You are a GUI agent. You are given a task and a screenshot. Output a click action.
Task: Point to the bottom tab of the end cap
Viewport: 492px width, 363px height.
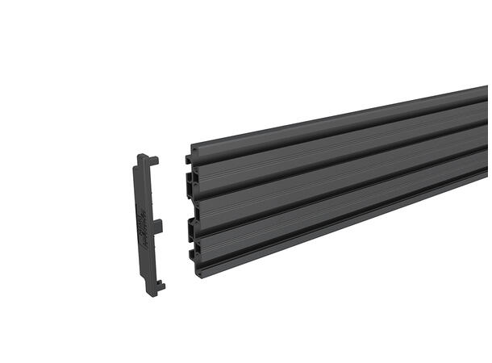160,285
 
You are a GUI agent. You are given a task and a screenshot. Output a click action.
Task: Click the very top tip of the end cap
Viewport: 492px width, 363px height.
142,156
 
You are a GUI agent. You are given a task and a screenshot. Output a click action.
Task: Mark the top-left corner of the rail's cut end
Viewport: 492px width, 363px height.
190,148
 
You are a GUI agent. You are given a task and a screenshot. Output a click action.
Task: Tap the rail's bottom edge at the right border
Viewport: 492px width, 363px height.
486,194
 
